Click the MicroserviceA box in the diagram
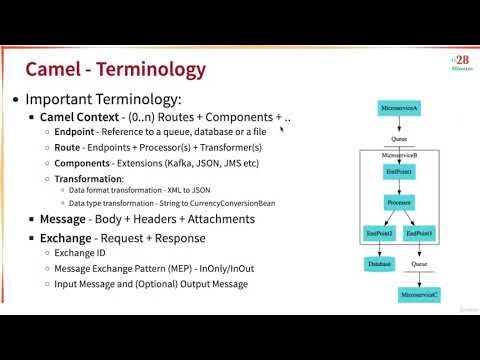click(x=398, y=107)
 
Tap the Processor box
click(x=398, y=203)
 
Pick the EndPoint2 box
click(x=379, y=233)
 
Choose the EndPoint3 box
click(x=419, y=233)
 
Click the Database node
click(x=379, y=263)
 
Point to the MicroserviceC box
click(x=419, y=297)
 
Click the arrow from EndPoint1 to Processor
click(x=398, y=188)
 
